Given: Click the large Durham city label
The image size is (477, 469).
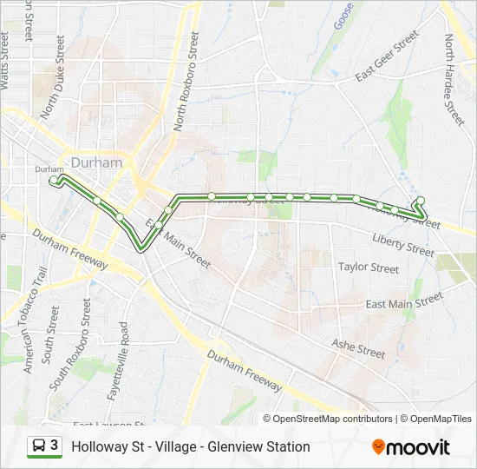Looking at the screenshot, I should coord(97,162).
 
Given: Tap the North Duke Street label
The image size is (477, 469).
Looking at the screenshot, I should coord(54,76).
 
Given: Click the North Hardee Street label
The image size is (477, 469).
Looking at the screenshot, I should coord(454,79).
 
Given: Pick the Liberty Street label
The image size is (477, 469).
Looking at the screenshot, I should coord(402,243).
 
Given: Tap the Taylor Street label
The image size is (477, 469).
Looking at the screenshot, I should coord(369,268).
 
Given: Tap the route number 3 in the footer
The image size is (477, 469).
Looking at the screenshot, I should coord(55,446).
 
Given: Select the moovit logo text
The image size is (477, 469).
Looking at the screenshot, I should coord(419,447).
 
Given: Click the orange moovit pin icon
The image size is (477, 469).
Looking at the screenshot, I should coord(378,446).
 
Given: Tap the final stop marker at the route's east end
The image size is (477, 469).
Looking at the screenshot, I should coord(421,201).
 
